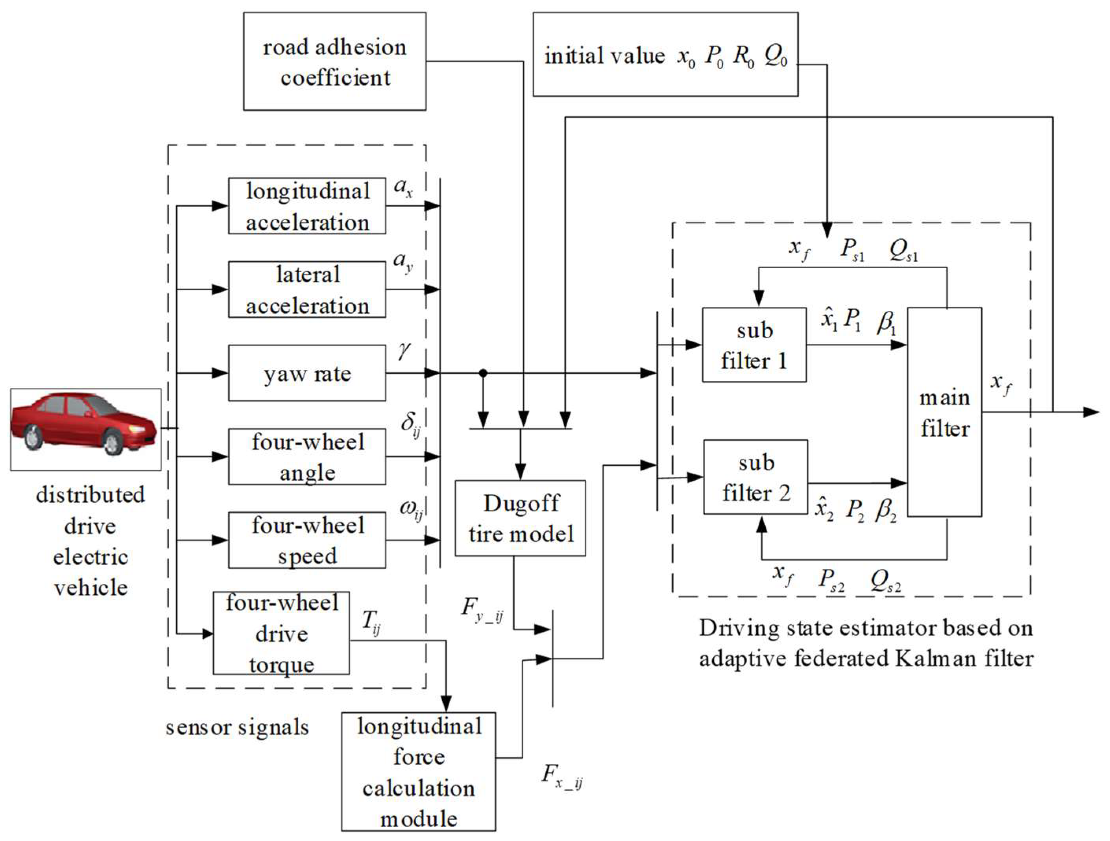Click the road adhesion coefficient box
point(335,61)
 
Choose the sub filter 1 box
point(754,345)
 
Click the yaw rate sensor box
point(307,373)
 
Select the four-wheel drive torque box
point(281,633)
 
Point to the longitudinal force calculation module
point(419,771)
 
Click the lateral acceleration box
point(307,290)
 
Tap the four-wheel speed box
point(307,540)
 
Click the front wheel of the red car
point(111,443)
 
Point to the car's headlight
point(136,430)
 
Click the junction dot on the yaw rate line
point(483,373)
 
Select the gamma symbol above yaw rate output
point(403,351)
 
